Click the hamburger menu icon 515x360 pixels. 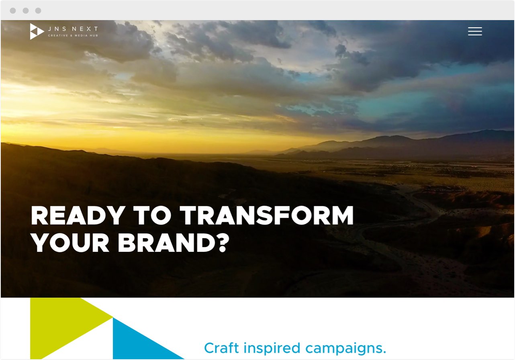point(475,31)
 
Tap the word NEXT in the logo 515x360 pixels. point(85,29)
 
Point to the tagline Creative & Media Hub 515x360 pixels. point(73,36)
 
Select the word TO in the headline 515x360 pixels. point(152,215)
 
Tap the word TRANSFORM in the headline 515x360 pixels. point(266,215)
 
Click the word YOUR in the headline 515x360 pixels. point(70,243)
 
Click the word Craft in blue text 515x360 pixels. point(221,348)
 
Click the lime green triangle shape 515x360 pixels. point(64,324)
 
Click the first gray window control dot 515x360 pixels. point(13,10)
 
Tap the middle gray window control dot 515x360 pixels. point(26,10)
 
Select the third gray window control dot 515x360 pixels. point(38,10)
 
